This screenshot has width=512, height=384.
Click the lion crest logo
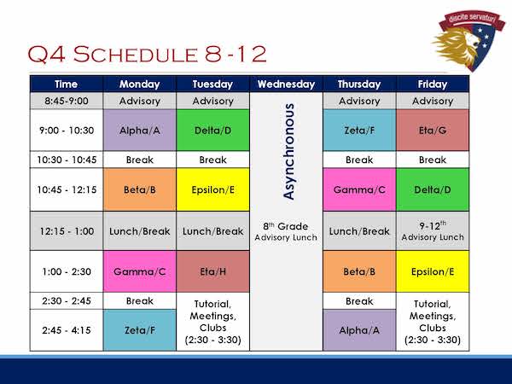tap(468, 40)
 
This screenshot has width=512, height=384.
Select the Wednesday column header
tap(286, 84)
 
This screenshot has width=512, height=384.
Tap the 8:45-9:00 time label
tap(67, 101)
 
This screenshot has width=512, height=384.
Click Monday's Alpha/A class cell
tap(140, 130)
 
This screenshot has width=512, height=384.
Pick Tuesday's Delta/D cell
tap(212, 130)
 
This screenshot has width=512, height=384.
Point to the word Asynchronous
tap(289, 152)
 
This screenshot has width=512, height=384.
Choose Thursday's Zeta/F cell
tap(359, 130)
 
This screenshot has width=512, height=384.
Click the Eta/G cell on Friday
tap(433, 130)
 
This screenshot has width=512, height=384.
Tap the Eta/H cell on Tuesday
tap(212, 271)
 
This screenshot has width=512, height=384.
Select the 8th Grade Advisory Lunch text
tap(286, 231)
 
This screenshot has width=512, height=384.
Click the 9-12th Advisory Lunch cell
tap(433, 231)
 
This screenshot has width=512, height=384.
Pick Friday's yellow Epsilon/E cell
tap(433, 271)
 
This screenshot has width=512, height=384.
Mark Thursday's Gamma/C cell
tap(359, 189)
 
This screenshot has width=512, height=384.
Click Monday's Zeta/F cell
tap(140, 330)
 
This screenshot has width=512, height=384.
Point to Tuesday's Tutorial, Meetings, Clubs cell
tap(212, 322)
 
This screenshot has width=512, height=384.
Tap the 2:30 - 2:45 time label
tap(67, 300)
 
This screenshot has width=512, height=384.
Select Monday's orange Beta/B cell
tap(140, 189)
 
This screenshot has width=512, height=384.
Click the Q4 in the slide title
tap(47, 54)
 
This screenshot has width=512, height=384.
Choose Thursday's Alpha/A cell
tap(359, 330)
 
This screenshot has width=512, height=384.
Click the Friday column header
tap(433, 84)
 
